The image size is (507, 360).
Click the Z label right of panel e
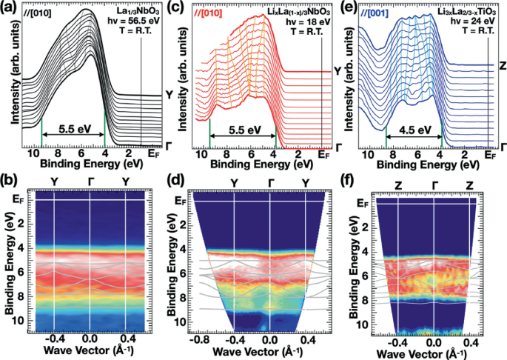502,67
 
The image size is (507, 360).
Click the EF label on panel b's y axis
25,199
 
